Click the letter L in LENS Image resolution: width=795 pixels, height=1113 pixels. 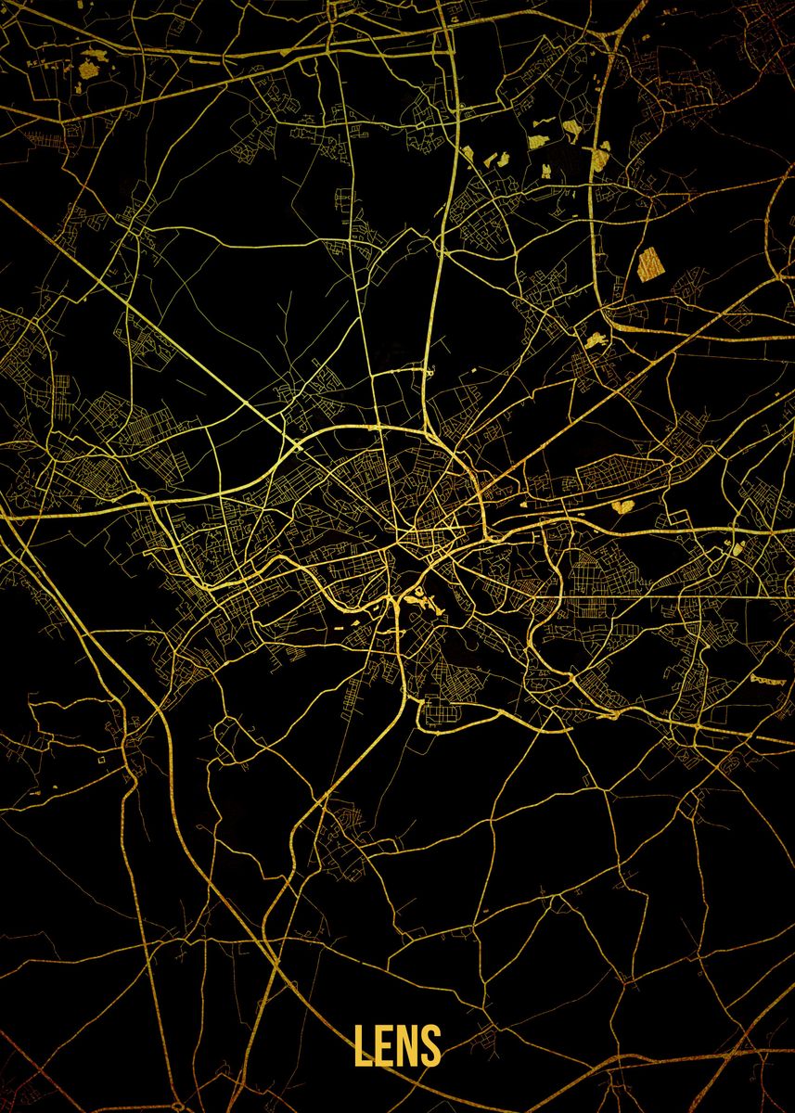coord(362,1045)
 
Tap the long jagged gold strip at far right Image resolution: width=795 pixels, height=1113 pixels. coord(767,680)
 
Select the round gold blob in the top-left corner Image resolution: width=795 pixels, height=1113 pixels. coord(92,69)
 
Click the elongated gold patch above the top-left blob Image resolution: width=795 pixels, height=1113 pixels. coord(96,54)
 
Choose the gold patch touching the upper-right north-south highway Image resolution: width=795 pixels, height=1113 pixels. coord(600,156)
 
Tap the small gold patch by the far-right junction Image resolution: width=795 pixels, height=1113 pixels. coord(737,549)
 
